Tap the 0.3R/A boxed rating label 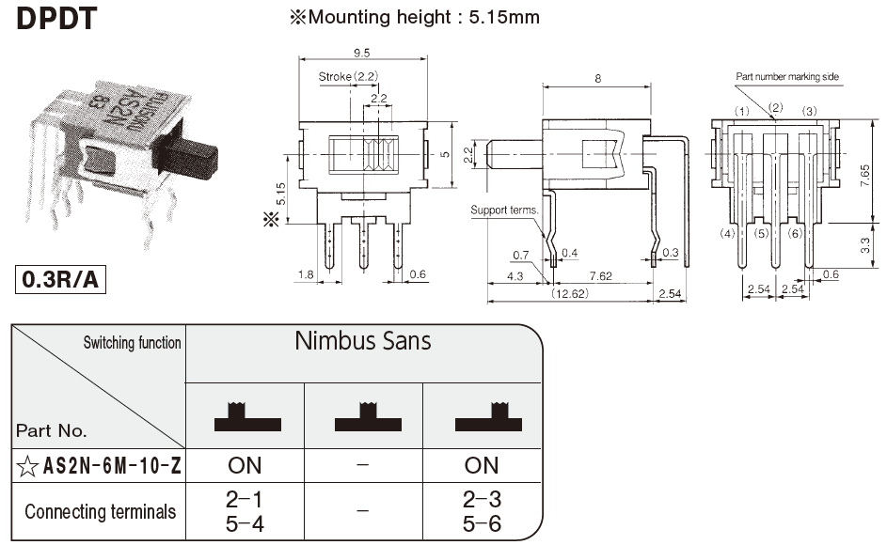click(58, 280)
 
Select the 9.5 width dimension click(362, 53)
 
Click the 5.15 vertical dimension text click(281, 195)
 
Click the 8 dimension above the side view click(597, 79)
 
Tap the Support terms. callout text click(504, 210)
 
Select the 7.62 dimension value click(601, 275)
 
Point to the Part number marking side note click(787, 77)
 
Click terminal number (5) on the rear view click(762, 233)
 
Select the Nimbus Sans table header click(363, 340)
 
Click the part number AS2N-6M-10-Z click(112, 465)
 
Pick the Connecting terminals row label click(100, 512)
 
